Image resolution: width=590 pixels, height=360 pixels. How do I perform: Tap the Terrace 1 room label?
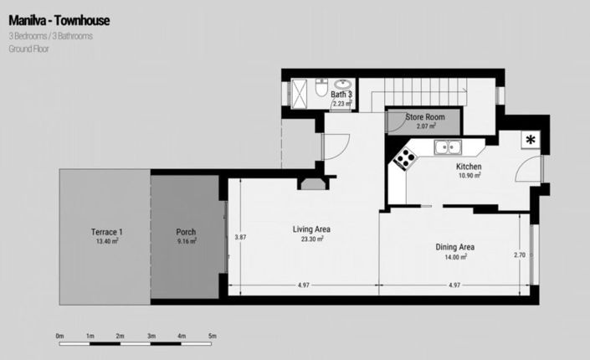107,232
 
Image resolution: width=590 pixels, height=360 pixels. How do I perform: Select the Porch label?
186,232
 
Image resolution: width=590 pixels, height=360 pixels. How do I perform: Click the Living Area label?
311,229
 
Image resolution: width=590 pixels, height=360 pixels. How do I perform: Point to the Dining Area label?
455,247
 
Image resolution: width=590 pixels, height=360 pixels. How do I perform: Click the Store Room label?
425,116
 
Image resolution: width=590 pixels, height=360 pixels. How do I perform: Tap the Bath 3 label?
341,95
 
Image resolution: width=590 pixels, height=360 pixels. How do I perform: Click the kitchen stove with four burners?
406,157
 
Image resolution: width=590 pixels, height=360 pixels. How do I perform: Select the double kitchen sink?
449,147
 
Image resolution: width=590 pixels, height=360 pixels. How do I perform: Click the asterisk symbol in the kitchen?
531,140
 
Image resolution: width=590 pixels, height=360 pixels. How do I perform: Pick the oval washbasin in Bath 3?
343,84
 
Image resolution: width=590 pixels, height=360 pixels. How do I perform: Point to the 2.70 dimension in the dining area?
520,254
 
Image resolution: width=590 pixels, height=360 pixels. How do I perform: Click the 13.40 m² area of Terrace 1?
107,241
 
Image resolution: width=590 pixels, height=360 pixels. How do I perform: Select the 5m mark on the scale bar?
213,336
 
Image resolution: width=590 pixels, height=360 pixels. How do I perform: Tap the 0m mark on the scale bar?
59,336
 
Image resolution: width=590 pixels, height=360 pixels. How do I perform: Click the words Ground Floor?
30,49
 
